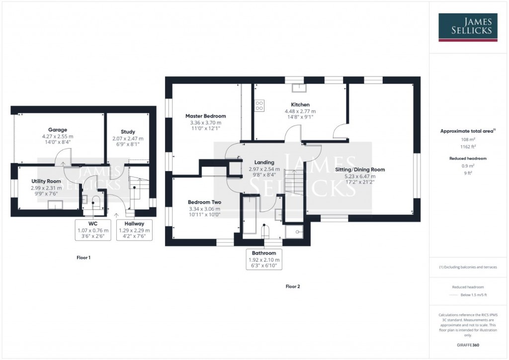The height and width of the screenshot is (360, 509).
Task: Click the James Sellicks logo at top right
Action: (468, 27)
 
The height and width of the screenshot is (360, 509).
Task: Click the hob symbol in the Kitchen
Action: (259, 106)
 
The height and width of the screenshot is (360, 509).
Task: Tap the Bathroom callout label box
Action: (263, 260)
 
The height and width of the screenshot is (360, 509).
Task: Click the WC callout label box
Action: (93, 230)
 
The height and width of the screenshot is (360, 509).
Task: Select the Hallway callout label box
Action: (135, 230)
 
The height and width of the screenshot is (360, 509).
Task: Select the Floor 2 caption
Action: (293, 286)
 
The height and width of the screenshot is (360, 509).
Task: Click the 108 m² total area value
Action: (468, 140)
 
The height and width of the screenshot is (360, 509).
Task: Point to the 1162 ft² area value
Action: (468, 148)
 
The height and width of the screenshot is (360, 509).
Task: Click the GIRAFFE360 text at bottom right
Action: (468, 345)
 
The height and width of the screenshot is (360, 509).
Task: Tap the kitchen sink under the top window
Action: (299, 88)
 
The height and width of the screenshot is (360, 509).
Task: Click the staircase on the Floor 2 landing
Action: (294, 179)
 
